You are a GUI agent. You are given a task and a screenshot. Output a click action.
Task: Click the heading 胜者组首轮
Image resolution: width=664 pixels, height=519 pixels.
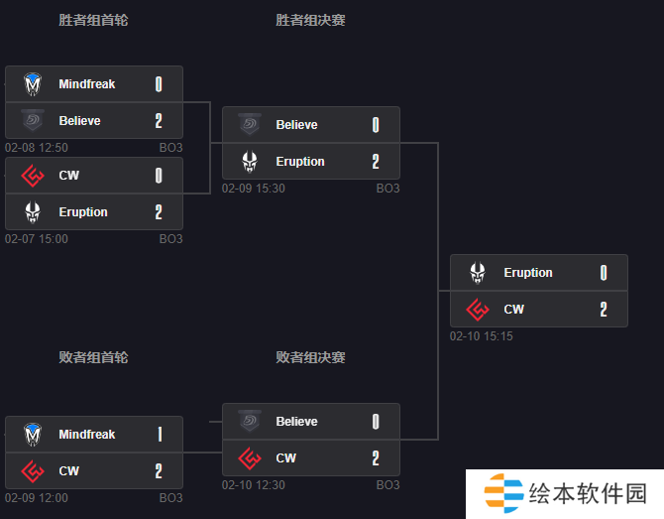[x=93, y=20]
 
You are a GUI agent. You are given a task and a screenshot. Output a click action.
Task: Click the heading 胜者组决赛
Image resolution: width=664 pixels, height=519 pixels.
[x=310, y=20]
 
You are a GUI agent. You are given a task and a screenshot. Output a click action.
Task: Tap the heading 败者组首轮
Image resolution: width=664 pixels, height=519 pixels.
[x=93, y=357]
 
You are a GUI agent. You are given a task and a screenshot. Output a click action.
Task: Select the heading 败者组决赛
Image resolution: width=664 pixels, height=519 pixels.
[x=310, y=357]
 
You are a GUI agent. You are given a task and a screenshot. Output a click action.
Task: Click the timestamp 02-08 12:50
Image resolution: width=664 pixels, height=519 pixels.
[x=37, y=148]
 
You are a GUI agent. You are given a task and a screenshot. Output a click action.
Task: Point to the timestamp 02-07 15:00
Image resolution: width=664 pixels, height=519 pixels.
[x=37, y=239]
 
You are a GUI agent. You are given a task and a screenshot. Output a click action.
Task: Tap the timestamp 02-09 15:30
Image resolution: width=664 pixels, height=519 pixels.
[x=254, y=189]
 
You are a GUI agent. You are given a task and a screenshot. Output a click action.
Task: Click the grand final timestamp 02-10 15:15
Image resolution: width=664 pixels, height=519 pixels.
[x=482, y=336]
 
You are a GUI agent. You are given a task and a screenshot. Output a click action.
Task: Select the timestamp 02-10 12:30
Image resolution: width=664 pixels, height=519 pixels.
[x=254, y=484]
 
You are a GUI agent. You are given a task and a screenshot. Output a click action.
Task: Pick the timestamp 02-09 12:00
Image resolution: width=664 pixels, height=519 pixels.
[x=37, y=498]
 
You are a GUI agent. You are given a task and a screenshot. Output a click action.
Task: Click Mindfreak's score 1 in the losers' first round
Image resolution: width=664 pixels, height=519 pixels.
[x=160, y=435]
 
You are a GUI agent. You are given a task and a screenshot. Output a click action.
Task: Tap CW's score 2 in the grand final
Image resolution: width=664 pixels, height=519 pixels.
[x=604, y=309]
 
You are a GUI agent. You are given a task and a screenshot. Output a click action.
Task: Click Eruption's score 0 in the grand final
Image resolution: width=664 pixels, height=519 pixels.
[x=604, y=273]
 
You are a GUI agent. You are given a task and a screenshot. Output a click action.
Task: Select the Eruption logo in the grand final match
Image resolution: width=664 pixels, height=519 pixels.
[x=478, y=272]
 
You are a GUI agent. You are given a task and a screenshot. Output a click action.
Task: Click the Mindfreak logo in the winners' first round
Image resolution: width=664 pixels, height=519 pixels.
[x=33, y=84]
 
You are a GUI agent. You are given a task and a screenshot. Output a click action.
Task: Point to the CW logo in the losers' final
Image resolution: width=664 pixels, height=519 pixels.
[x=250, y=457]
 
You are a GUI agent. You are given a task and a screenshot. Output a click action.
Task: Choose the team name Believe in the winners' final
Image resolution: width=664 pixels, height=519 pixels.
[x=296, y=125]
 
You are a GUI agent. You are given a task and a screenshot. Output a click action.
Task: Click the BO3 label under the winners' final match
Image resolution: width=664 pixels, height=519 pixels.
[x=387, y=189]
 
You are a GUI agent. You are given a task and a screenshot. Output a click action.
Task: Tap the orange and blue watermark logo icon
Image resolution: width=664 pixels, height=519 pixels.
[x=503, y=493]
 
